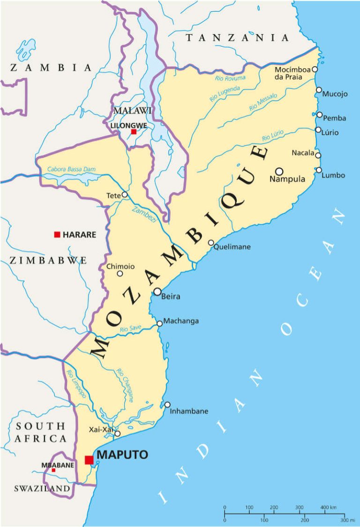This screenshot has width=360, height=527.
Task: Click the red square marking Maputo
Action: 89,460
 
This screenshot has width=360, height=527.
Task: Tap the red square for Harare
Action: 57,234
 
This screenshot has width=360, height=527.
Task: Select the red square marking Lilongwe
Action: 134,132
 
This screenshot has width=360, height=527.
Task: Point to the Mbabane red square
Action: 53,470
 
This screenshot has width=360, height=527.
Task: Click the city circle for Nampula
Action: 279,171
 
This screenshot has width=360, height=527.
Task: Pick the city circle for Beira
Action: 157,292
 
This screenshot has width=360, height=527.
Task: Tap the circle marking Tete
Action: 124,194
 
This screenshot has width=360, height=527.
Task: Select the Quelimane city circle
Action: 211,243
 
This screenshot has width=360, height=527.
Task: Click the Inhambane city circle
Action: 167,405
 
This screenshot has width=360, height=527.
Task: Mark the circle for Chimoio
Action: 120,274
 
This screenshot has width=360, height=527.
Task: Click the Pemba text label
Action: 334,118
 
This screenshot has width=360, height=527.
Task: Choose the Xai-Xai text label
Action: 101,430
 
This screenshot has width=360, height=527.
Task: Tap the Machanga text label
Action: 181,321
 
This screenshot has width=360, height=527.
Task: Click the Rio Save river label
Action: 130,329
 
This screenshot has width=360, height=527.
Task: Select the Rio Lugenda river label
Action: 225,94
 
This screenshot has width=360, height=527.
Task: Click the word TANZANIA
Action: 237,38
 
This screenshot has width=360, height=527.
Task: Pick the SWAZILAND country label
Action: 42,489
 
